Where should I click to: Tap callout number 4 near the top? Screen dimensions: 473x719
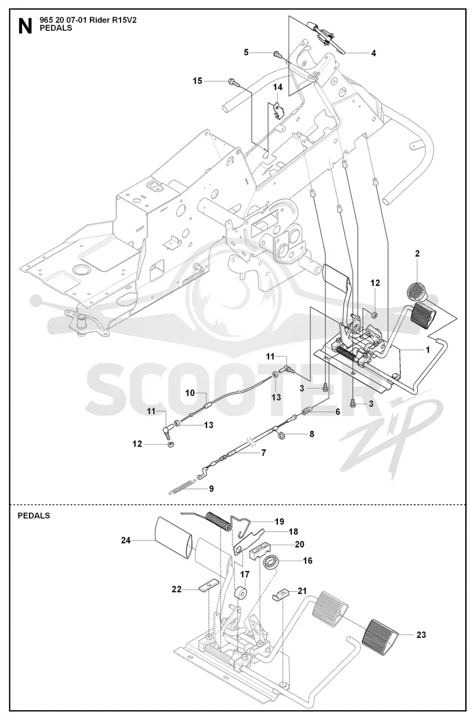coord(373,53)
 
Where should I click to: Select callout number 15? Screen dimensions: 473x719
coord(197,81)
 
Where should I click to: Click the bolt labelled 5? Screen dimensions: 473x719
coord(277,55)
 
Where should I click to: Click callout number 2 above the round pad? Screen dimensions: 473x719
coord(417,254)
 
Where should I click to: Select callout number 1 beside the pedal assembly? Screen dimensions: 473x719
coord(427,349)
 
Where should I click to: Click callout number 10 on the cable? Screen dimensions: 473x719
coord(190,393)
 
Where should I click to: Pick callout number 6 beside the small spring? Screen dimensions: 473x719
coord(338,412)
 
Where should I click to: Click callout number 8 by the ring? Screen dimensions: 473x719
coord(312,434)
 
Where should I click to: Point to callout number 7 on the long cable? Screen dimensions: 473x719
coord(264,453)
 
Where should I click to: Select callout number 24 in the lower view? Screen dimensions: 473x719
coord(126,540)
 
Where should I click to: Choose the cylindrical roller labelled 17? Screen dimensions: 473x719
coord(241,594)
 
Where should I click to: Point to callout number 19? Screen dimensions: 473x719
coord(280,522)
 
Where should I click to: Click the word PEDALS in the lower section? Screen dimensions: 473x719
coord(34,516)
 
